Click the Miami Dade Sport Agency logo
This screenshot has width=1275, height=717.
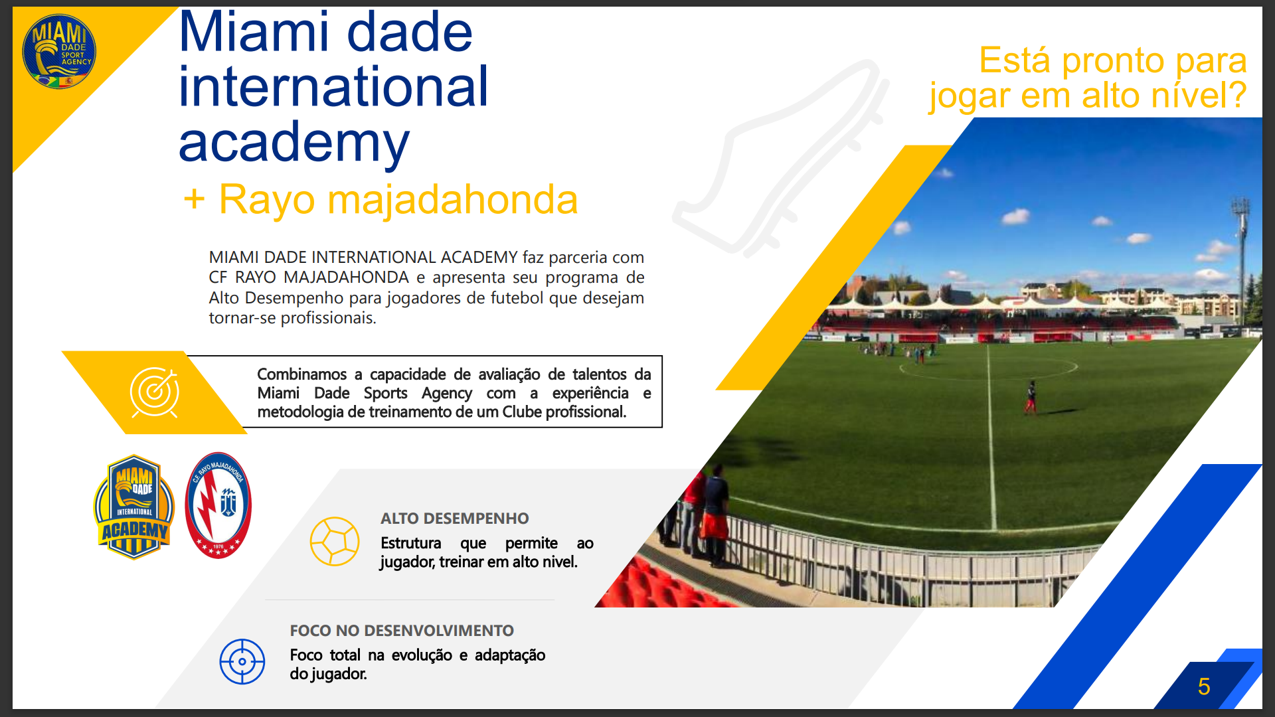point(59,51)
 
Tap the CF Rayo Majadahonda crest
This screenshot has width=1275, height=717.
point(218,505)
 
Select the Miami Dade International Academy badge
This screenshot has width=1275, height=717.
point(134,507)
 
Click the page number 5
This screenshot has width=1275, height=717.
point(1204,686)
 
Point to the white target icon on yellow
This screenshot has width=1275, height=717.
point(155,392)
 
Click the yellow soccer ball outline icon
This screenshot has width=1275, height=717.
point(335,541)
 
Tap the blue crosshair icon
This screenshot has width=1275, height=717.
point(242,661)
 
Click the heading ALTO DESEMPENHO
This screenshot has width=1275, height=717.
point(455,518)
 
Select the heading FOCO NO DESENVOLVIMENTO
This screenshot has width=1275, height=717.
point(402,631)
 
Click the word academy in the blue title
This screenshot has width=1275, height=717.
point(294,142)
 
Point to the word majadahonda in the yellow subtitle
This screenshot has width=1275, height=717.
point(453,199)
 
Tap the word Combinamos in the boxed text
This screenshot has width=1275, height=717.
point(302,374)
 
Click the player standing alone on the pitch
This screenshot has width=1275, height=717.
point(1031,398)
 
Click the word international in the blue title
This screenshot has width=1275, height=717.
point(333,87)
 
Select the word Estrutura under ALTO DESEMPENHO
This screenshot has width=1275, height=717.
point(411,543)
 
